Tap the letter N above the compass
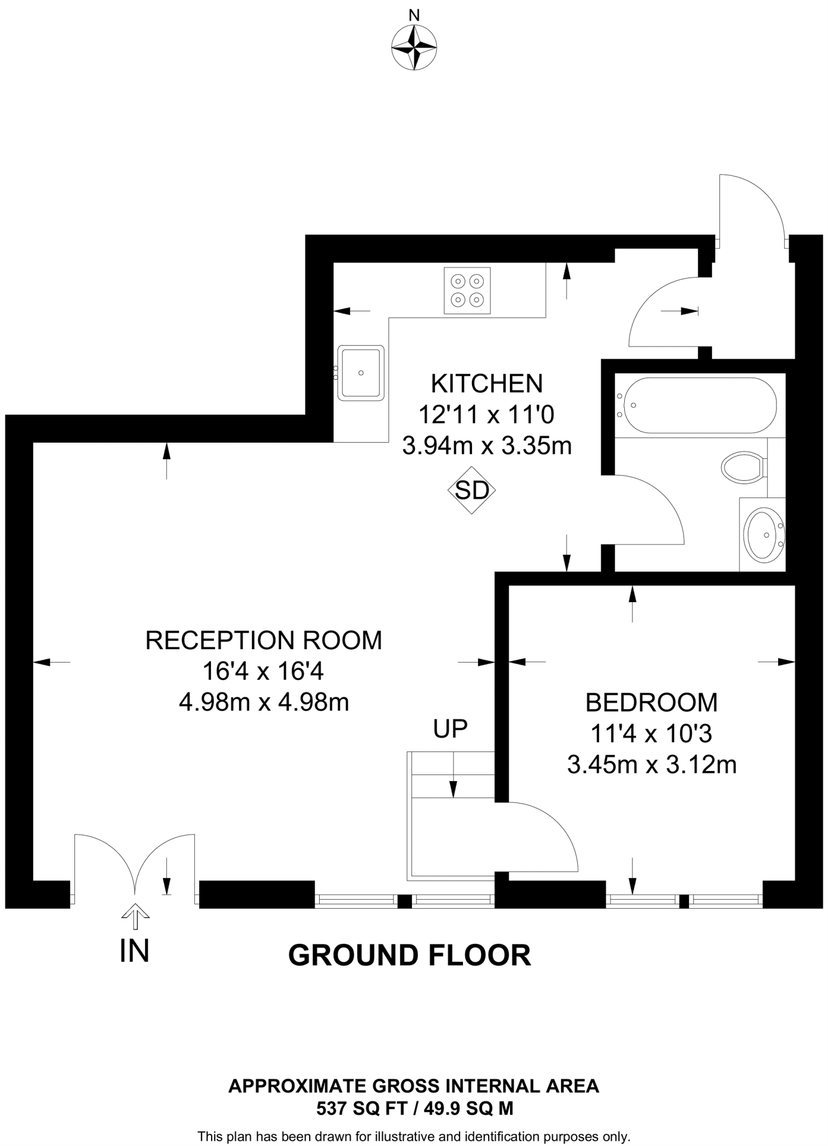coord(414,16)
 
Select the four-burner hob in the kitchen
coord(467,291)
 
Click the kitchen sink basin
coord(361,373)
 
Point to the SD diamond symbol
coord(472,490)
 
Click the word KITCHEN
coord(486,384)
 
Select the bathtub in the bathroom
coord(696,405)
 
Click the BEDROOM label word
coord(651,702)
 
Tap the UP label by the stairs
coord(450,729)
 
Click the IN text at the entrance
coord(134,951)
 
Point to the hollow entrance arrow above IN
coord(135,915)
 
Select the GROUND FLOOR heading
coord(409,955)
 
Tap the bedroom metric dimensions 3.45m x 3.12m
coord(651,764)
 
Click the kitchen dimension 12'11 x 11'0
coord(486,415)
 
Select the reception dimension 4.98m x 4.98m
coord(264,702)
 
